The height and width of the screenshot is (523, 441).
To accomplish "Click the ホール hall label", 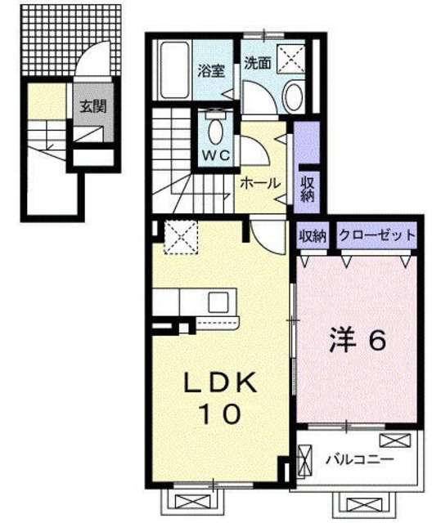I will coord(260,182).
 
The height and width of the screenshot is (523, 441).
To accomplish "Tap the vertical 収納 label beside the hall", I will coord(307,189).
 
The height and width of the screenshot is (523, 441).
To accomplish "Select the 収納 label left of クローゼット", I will coord(312,235).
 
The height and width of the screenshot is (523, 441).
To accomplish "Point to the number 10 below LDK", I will coord(219,415).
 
